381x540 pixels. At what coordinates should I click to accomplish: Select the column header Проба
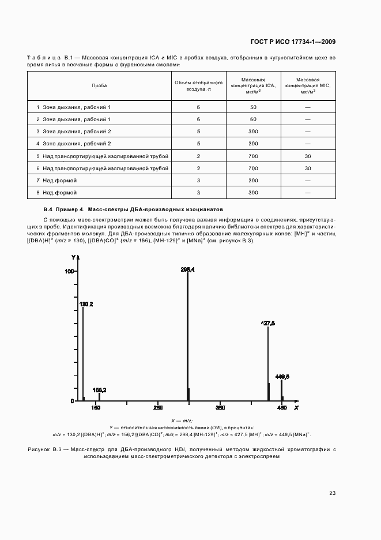(x=99, y=85)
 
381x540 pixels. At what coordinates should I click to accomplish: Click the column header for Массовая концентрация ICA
(x=252, y=85)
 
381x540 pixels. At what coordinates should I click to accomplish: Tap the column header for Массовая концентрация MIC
(x=307, y=85)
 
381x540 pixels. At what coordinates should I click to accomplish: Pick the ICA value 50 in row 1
(x=252, y=107)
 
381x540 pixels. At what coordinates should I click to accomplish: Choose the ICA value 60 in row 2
(x=252, y=119)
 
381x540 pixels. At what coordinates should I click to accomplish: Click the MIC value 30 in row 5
(x=307, y=156)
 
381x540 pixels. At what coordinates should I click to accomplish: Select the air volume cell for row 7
(x=198, y=180)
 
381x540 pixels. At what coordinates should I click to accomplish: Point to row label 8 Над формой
(x=56, y=193)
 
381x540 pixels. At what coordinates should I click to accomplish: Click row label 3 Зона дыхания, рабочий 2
(x=73, y=132)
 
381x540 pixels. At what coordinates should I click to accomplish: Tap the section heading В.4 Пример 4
(x=63, y=209)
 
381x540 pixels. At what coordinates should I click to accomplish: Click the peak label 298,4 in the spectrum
(x=187, y=269)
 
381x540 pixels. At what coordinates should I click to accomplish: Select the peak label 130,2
(x=86, y=303)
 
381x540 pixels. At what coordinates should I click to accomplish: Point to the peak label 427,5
(x=268, y=324)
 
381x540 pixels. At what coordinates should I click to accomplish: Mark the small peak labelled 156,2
(x=99, y=390)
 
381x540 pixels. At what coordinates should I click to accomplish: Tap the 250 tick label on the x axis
(x=158, y=408)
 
